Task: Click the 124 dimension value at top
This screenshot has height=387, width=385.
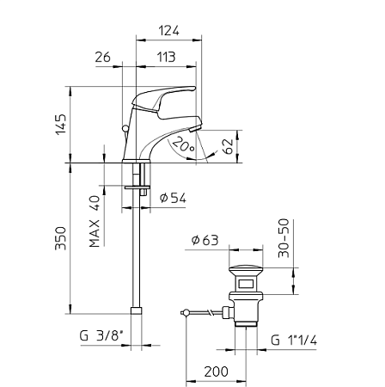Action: (169, 30)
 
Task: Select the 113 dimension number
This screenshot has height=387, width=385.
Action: (166, 57)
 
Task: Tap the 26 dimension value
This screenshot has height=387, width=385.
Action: (103, 57)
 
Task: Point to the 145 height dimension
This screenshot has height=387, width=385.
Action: (61, 124)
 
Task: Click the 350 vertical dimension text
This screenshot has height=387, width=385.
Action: (61, 238)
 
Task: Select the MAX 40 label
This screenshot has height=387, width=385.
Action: (95, 222)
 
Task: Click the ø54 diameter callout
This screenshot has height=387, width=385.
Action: (173, 198)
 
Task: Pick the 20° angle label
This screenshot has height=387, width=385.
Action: (184, 144)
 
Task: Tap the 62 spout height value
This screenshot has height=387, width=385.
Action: (228, 146)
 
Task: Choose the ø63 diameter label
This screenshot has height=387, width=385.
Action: (205, 240)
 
